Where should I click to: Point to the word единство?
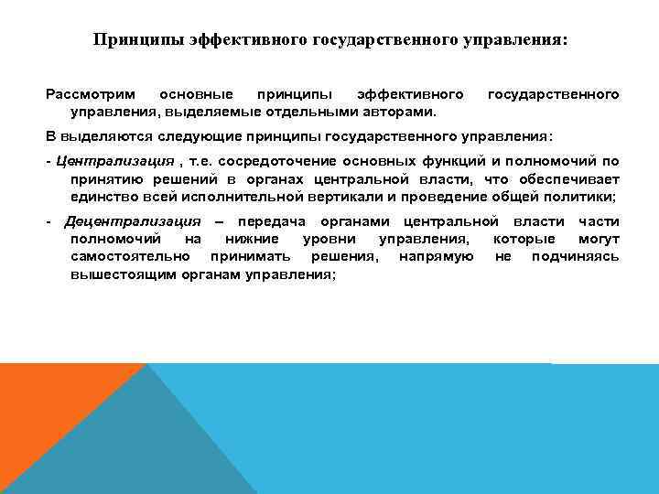coord(103,197)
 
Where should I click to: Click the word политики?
coord(580,197)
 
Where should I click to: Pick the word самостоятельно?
coord(128,257)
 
